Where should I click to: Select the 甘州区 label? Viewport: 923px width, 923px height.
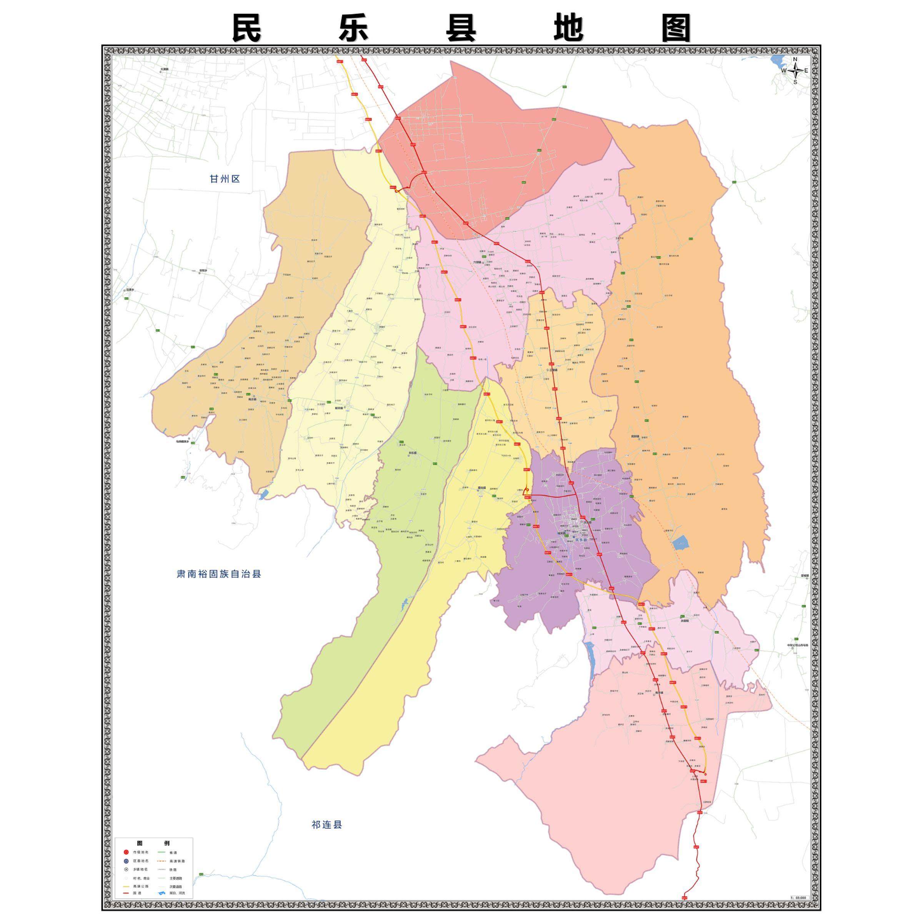click(225, 179)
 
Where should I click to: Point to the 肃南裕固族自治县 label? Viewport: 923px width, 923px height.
click(219, 574)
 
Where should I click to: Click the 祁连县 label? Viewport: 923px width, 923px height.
click(327, 825)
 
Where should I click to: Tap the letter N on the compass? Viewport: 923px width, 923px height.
click(795, 59)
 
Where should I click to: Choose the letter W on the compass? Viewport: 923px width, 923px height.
click(784, 71)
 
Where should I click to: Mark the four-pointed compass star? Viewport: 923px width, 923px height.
click(795, 71)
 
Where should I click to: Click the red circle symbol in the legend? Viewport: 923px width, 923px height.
click(126, 852)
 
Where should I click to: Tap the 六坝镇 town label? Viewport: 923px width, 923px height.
click(478, 262)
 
